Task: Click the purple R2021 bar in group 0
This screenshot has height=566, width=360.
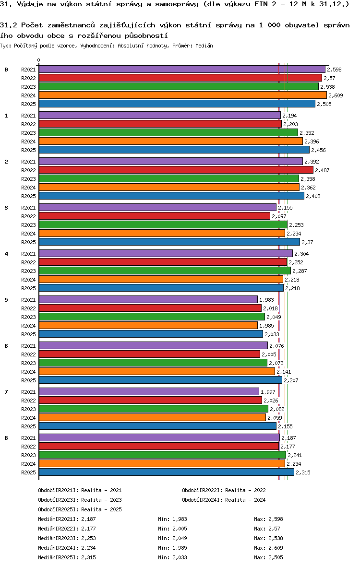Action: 181,70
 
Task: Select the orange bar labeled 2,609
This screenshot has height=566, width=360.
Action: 182,95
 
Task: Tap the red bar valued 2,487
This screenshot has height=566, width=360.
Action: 176,170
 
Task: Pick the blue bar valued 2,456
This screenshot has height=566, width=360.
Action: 174,150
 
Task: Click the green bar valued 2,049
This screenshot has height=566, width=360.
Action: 152,317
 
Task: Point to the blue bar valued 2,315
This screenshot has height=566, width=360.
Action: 166,472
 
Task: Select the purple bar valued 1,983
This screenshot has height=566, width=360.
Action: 148,300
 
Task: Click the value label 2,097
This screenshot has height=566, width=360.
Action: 279,216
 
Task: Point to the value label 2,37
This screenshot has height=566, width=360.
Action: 307,242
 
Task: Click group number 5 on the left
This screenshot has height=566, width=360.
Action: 6,300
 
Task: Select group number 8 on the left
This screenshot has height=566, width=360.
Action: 6,438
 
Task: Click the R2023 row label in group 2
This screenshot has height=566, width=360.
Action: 28,179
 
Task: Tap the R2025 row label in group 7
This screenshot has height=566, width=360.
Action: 28,426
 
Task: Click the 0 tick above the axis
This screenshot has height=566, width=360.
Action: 39,60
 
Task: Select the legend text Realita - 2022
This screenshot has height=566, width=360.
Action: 245,490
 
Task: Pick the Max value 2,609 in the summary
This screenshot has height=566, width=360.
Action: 276,548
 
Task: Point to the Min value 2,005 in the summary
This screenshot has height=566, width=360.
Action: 180,529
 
